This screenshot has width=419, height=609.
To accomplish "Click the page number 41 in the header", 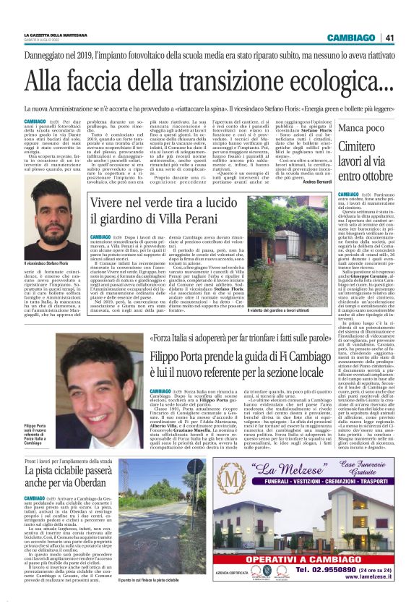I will [388, 38].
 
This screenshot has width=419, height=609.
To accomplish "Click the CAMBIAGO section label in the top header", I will [351, 38].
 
